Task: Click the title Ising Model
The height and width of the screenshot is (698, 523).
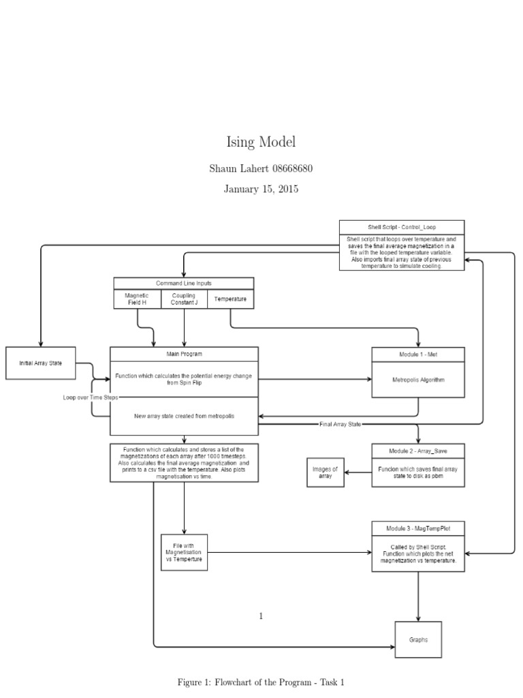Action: pos(261,142)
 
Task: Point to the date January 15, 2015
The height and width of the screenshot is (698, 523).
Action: pos(261,189)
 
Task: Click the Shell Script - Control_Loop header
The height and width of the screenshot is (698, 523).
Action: pos(402,227)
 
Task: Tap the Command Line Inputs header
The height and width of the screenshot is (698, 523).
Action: pos(184,283)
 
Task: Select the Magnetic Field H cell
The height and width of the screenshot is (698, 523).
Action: pos(136,299)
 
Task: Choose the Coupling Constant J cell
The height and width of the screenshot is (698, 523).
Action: pos(184,299)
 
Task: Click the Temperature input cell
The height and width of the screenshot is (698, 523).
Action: pos(231,299)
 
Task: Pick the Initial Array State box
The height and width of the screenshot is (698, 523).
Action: pos(40,363)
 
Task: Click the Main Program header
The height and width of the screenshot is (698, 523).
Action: pos(185,354)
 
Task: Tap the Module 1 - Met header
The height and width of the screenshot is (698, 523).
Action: pos(418,354)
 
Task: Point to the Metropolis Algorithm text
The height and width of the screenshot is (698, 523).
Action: pos(418,380)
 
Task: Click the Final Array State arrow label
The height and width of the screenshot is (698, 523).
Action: pos(340,424)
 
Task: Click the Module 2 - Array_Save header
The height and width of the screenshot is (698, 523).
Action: pos(418,451)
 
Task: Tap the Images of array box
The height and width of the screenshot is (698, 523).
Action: pos(325,472)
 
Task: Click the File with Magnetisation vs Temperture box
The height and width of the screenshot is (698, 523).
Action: pos(184,551)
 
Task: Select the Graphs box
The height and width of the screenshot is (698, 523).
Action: pos(418,640)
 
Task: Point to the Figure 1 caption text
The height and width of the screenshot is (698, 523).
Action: pos(261,682)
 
